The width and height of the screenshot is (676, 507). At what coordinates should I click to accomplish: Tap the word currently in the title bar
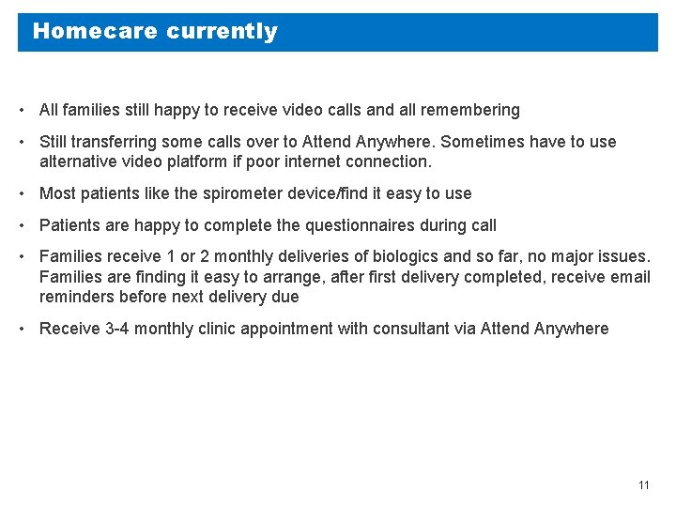pos(222,31)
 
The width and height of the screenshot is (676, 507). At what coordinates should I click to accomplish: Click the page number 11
pos(643,485)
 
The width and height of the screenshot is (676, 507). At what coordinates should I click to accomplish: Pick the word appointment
pos(287,329)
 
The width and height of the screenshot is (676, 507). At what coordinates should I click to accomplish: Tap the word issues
pos(623,257)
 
